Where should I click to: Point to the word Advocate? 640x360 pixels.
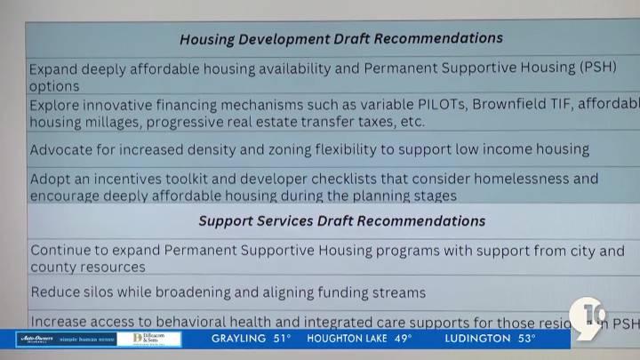62,149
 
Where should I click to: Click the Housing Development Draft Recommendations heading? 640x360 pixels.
340,39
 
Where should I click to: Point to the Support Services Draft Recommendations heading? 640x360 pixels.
341,220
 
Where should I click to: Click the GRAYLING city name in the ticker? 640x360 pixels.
238,339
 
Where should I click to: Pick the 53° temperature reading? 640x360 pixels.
526,339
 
